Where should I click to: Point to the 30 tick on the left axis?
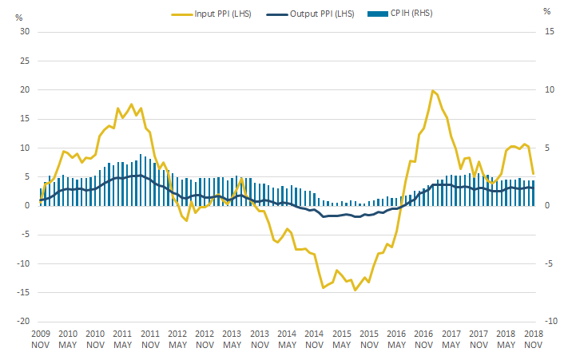pyautogui.click(x=24, y=32)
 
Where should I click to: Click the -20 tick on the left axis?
pyautogui.click(x=24, y=322)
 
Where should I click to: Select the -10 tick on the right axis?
pyautogui.click(x=546, y=322)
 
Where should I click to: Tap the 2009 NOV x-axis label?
pyautogui.click(x=41, y=338)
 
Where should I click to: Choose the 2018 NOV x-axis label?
pyautogui.click(x=534, y=338)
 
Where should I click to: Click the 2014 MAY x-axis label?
pyautogui.click(x=287, y=338)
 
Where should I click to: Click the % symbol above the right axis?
pyautogui.click(x=546, y=12)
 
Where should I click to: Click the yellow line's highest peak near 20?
pyautogui.click(x=432, y=91)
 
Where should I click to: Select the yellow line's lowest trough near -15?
pyautogui.click(x=356, y=290)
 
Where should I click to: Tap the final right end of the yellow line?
pyautogui.click(x=534, y=174)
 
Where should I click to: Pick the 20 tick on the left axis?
pyautogui.click(x=24, y=90)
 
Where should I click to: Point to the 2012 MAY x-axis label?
pyautogui.click(x=177, y=338)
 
